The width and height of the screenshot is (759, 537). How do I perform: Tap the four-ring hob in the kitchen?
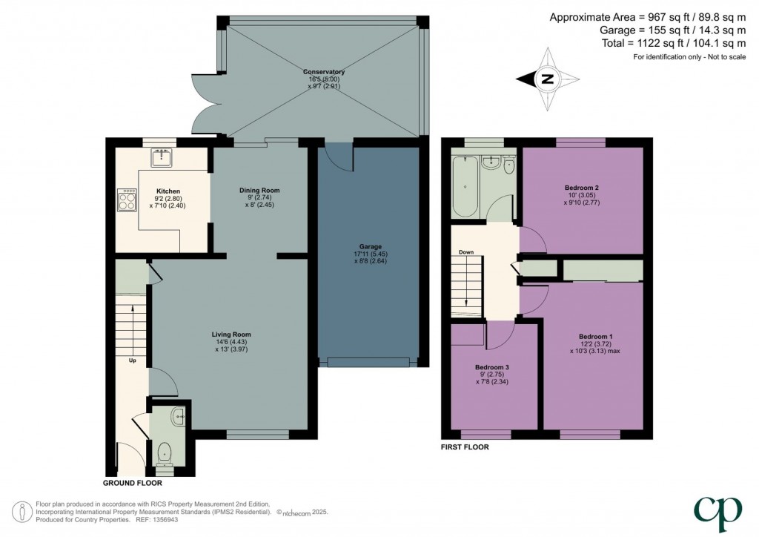click(127, 198)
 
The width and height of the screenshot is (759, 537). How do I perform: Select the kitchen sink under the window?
click(162, 157)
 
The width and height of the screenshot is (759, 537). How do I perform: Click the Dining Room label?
click(259, 191)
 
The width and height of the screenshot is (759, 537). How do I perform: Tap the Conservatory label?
click(324, 72)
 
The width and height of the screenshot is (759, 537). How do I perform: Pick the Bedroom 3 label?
click(492, 367)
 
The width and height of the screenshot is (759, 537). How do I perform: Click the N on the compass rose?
click(547, 79)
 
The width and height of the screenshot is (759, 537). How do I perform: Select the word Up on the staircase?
click(133, 361)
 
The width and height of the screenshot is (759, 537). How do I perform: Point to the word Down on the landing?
click(465, 252)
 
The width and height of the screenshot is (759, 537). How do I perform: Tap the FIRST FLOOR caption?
click(465, 447)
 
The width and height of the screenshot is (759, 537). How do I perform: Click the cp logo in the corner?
click(717, 510)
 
